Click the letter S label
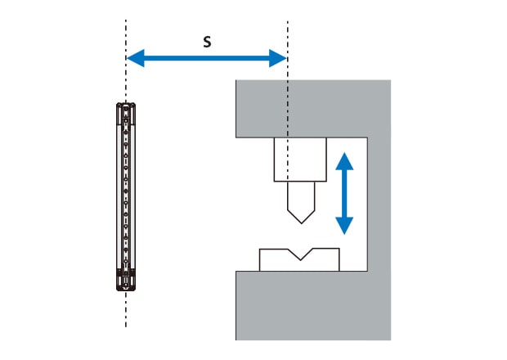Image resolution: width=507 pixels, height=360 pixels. coord(207,42)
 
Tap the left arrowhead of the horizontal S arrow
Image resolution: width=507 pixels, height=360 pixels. coord(135,58)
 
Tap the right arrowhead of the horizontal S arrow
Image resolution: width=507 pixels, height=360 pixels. coord(278,58)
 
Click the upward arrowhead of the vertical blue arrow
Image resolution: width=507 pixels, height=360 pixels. coord(344,161)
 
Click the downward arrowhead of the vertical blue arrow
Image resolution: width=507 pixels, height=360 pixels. coord(344,226)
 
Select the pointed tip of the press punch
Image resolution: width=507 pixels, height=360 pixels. coord(302,223)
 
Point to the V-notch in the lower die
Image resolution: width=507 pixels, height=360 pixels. coord(301,254)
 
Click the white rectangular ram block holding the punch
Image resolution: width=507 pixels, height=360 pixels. coord(300,160)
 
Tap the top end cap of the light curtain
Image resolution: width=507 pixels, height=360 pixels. coord(126,110)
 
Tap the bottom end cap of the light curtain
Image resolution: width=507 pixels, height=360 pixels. coord(126,283)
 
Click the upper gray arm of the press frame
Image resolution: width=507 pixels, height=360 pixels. coord(313,109)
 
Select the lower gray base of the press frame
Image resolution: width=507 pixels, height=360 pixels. coord(313,305)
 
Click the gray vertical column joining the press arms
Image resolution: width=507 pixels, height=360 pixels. coord(379,205)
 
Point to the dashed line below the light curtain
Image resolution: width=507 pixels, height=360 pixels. coord(126,309)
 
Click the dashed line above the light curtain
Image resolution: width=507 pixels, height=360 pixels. coord(126,61)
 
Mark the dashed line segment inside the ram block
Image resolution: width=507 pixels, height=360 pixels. coord(288,160)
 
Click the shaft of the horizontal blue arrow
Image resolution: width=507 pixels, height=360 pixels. coord(207,58)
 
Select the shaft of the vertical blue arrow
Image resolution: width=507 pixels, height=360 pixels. coord(344,193)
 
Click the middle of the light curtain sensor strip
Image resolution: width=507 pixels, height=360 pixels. coord(126,196)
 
